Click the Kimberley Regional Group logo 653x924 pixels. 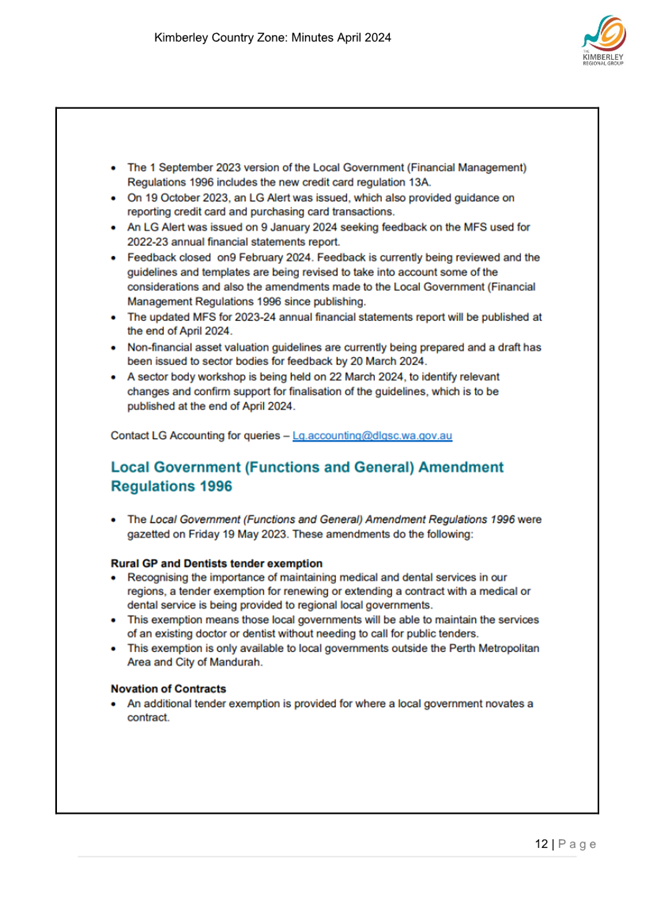pos(604,48)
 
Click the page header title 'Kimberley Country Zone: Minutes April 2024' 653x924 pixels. pos(272,39)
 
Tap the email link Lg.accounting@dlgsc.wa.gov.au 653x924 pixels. pos(370,435)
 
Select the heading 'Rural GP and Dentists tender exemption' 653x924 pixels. pos(202,562)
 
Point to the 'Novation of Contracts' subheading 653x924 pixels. pos(168,689)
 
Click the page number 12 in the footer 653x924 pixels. pos(541,846)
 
